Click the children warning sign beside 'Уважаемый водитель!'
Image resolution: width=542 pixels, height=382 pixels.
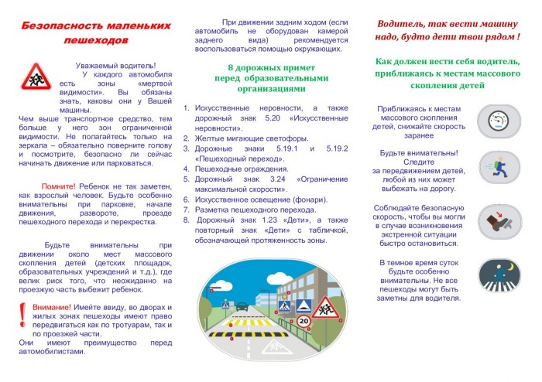coord(33,77)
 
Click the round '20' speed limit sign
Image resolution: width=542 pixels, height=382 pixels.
coord(304,319)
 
